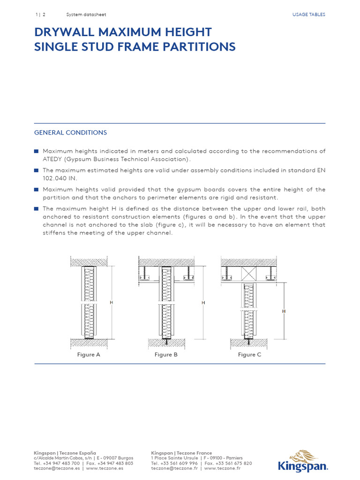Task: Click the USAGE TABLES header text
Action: (x=308, y=15)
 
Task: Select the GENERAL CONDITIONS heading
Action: (x=70, y=133)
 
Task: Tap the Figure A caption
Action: (x=89, y=355)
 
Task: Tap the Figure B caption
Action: (x=166, y=355)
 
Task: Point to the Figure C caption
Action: (x=249, y=355)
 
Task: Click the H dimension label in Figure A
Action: (x=112, y=303)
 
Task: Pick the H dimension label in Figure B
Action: (x=203, y=303)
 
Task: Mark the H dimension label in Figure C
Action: (x=284, y=311)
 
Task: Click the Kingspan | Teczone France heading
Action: (x=181, y=453)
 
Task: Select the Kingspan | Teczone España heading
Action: (x=65, y=453)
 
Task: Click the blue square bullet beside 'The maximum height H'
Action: (x=36, y=209)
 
